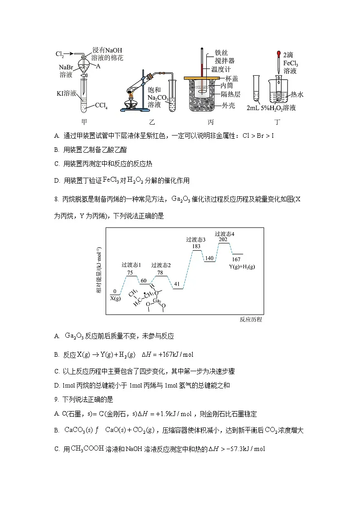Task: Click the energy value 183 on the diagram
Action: (x=196, y=246)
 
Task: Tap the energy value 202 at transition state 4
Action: (x=223, y=239)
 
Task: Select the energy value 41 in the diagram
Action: (x=177, y=284)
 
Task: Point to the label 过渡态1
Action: (x=131, y=265)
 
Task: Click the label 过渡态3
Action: (x=196, y=239)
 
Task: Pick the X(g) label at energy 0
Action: (x=115, y=298)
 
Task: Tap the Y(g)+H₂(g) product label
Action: (x=242, y=267)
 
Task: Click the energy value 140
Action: (x=209, y=258)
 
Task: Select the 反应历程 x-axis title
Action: (x=251, y=320)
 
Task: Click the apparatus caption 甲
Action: (x=84, y=122)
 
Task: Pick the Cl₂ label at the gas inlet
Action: (x=59, y=54)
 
